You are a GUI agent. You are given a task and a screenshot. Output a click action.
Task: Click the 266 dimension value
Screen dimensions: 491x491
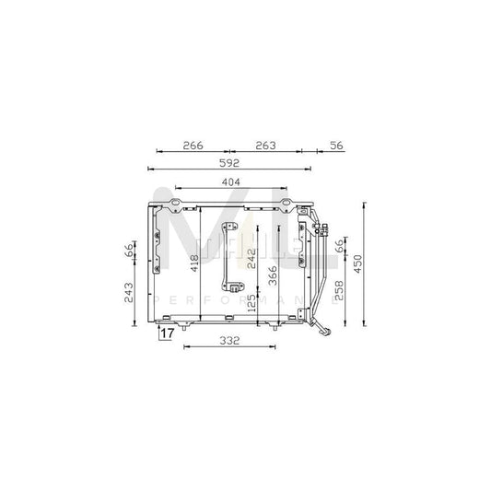click(192, 145)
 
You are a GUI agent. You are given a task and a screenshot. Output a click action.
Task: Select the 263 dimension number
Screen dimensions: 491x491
click(264, 145)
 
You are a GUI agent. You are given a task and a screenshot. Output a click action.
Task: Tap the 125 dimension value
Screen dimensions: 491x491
click(251, 304)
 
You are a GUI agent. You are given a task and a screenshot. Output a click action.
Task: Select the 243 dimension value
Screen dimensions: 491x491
click(130, 292)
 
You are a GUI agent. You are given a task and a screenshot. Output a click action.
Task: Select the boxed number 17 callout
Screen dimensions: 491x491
click(167, 334)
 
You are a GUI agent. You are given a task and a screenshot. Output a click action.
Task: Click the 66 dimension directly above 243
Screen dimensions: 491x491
click(130, 251)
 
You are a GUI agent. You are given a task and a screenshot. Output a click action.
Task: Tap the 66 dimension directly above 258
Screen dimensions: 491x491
click(339, 247)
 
